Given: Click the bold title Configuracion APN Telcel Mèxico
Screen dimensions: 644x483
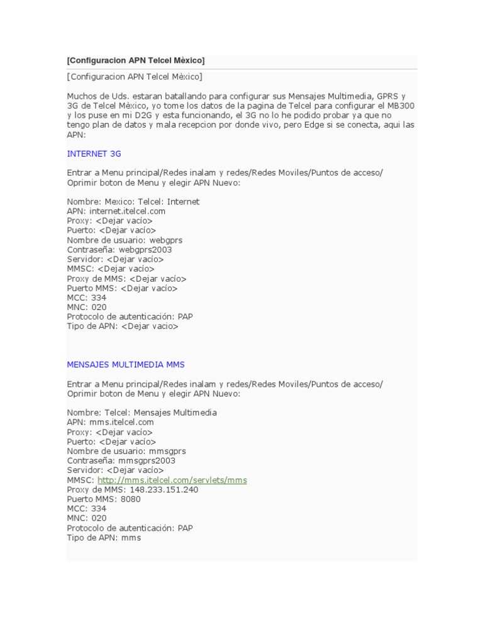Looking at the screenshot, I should point(136,60).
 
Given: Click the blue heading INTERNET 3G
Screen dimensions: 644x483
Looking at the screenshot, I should point(94,153).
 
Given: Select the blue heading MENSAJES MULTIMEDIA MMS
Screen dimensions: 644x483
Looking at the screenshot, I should point(126,365).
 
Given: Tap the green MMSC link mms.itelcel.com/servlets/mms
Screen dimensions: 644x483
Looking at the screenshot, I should point(172,480).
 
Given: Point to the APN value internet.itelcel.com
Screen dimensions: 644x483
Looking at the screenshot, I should point(127,211).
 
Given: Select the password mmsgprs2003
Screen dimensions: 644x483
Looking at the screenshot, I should point(145,460).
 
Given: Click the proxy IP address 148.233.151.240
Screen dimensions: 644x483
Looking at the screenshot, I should point(163,489).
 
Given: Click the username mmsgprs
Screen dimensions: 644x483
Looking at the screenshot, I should point(167,451).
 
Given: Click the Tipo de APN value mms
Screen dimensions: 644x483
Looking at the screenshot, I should point(131,538).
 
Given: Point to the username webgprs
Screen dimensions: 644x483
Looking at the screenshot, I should point(166,240).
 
